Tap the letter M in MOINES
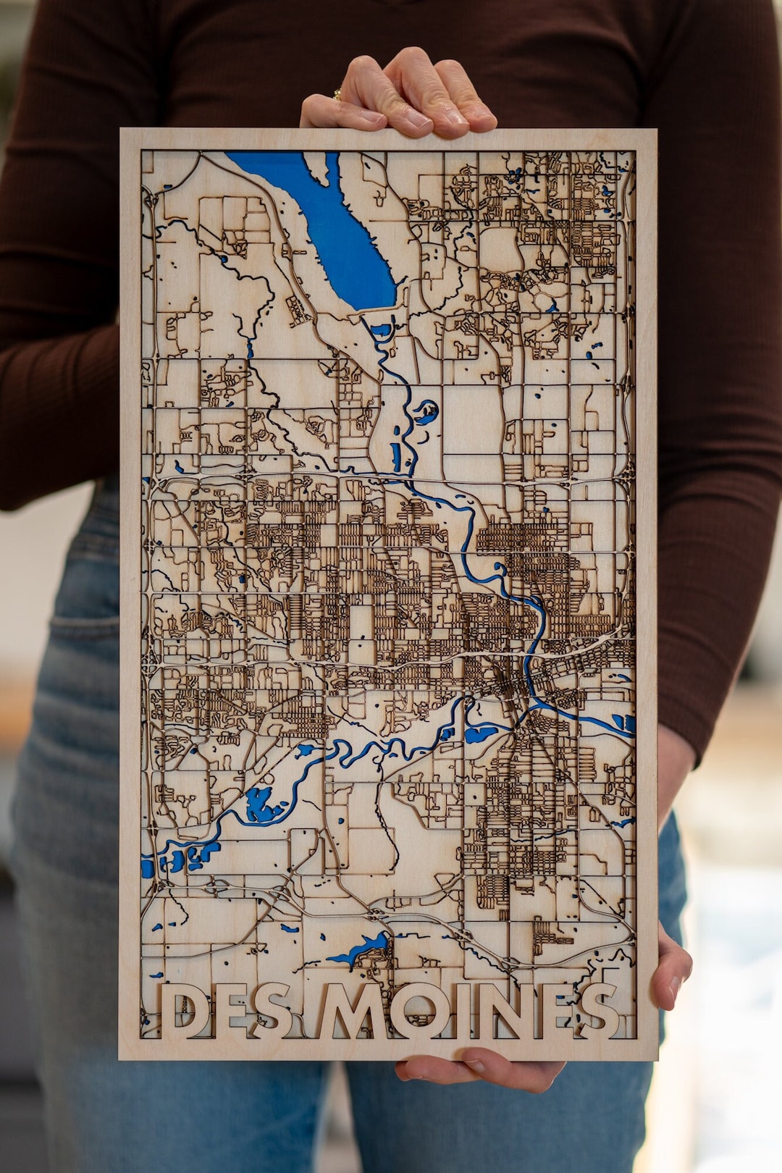(351, 1011)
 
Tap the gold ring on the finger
(337, 94)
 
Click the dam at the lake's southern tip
(380, 308)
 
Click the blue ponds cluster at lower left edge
(177, 860)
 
